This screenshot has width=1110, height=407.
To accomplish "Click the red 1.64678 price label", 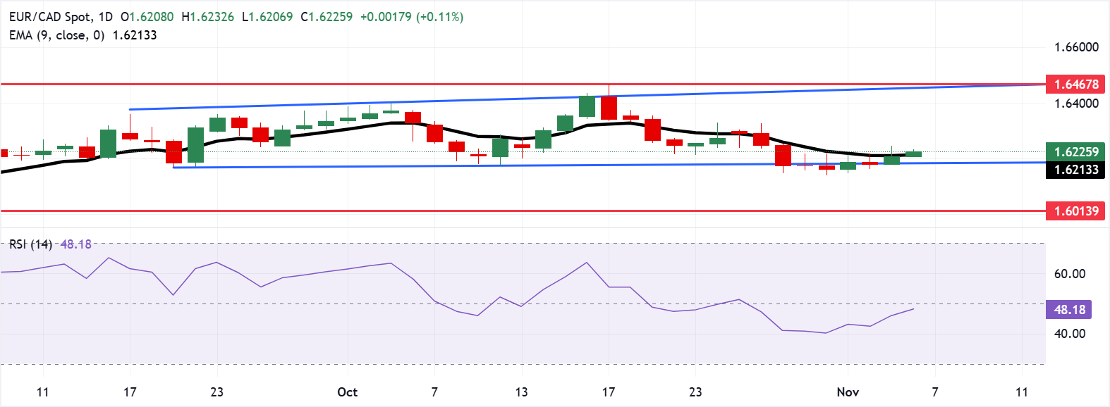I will (x=1075, y=84).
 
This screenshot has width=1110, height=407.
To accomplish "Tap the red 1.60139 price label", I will (x=1075, y=211).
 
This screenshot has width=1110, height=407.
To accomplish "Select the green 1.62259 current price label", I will (x=1075, y=152).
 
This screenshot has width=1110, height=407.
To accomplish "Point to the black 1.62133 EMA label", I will (x=1075, y=170).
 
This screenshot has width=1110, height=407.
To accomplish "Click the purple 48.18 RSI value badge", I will (x=1069, y=310).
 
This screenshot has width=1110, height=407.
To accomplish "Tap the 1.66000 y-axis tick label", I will (x=1076, y=47).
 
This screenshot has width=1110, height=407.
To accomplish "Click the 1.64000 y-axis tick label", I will (x=1076, y=104).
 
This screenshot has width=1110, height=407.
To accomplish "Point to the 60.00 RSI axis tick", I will (x=1069, y=274).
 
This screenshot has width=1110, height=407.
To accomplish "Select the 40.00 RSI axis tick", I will (x=1069, y=334).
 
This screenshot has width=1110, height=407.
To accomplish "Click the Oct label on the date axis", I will (x=347, y=392).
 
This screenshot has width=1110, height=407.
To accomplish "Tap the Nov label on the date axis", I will (x=848, y=392).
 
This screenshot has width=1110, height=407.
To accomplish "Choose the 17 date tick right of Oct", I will (x=608, y=392).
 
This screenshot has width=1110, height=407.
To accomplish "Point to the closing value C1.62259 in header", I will (x=327, y=17).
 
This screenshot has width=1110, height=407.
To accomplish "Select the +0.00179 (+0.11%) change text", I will (x=412, y=17).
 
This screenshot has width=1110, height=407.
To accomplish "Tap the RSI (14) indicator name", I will (x=30, y=244).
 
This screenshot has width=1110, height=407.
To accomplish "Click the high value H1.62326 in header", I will (x=207, y=17).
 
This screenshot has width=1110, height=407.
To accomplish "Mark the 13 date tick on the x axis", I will (x=521, y=392).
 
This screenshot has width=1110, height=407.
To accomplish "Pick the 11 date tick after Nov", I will (x=1021, y=392).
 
